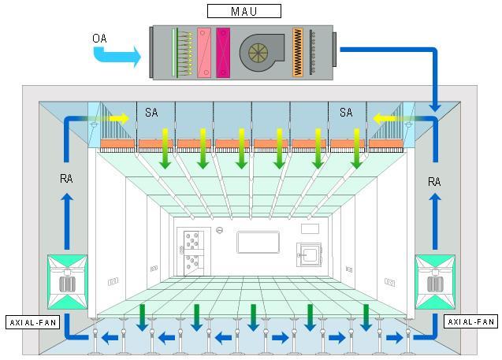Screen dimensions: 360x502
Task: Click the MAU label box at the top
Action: point(244,11)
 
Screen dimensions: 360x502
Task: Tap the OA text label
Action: point(100,38)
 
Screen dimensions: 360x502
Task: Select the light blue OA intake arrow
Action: point(117,55)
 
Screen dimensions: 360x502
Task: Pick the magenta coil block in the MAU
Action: point(223,53)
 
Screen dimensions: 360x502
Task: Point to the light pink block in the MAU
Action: point(204,53)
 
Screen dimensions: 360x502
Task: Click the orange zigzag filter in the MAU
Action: point(298,53)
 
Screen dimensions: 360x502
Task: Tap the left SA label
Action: point(151,113)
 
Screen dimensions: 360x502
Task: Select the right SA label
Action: point(346,113)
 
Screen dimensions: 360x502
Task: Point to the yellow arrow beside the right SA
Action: point(385,119)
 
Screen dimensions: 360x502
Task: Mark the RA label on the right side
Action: point(433,181)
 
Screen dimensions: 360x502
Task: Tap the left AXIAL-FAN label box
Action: point(33,322)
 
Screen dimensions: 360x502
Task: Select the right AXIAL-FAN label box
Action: point(470,322)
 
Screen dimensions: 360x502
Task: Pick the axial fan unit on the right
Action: point(434,282)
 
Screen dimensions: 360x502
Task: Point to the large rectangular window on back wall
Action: point(258,242)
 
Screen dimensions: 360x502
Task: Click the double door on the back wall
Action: point(192,251)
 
